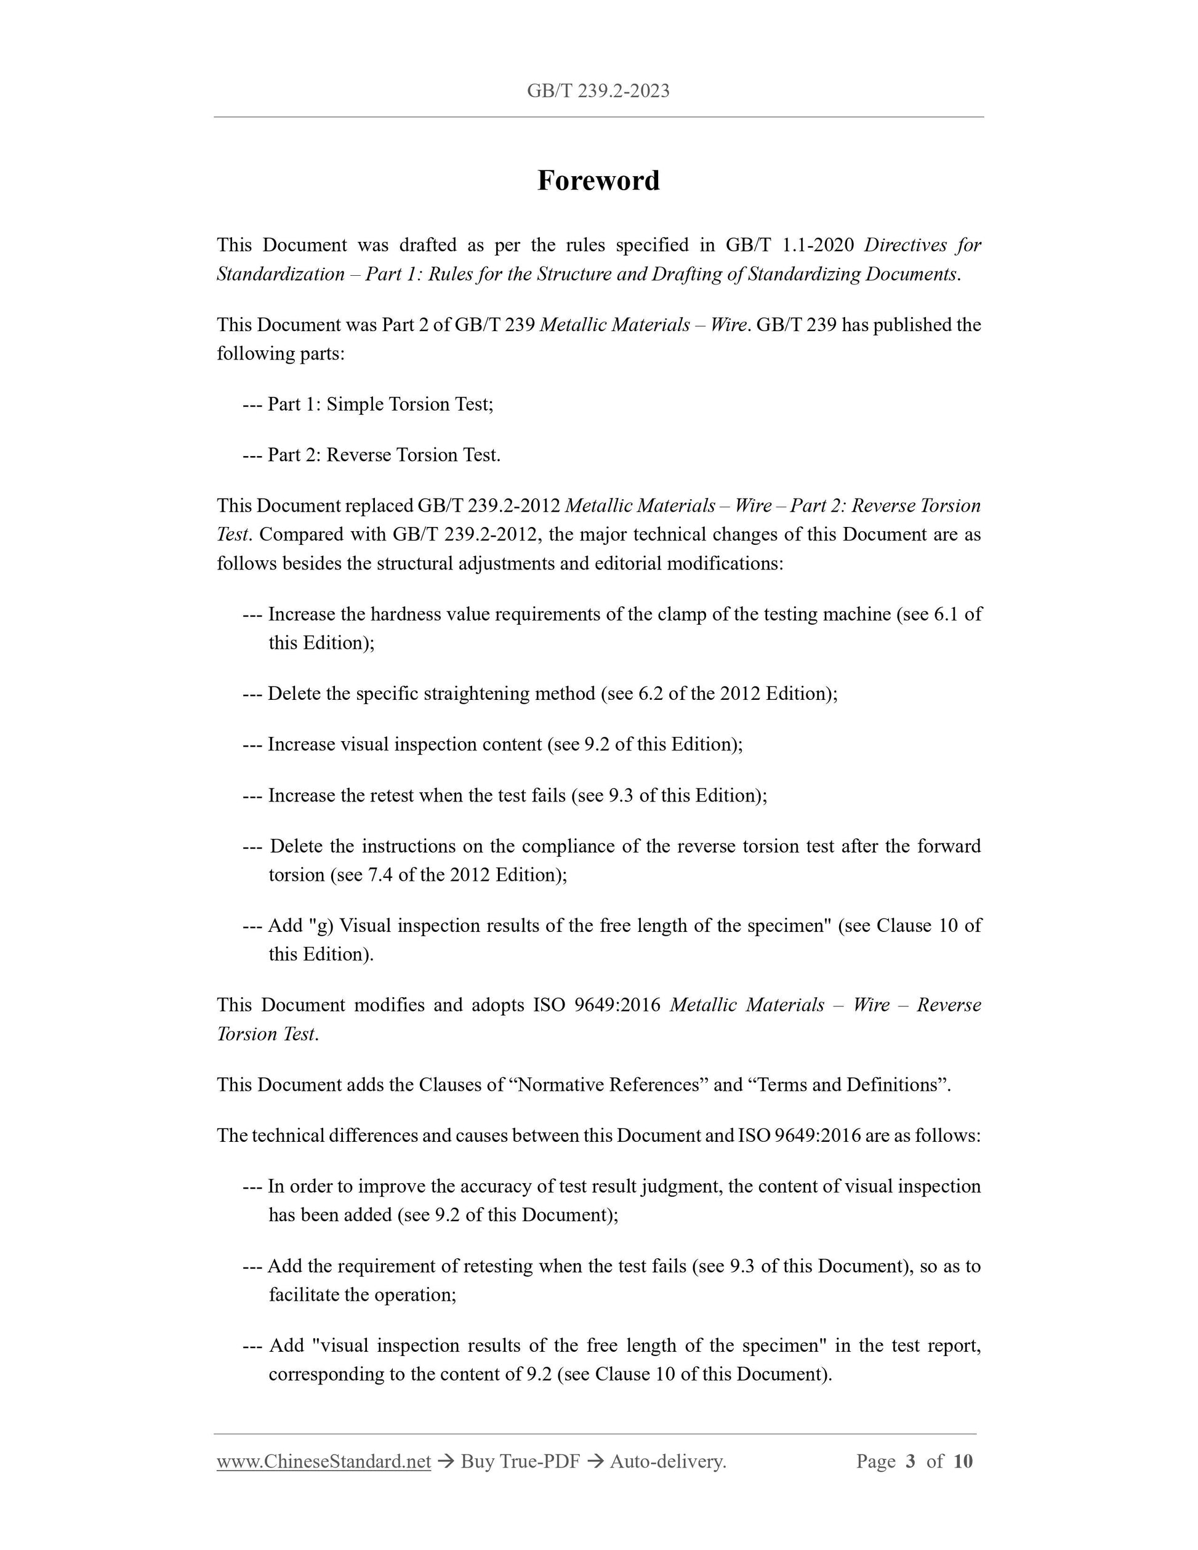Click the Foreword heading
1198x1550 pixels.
[598, 180]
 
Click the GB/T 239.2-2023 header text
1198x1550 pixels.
[598, 91]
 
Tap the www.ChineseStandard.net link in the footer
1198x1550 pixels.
[324, 1461]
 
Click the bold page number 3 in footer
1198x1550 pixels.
[911, 1461]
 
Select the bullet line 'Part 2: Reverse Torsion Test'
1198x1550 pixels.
[384, 455]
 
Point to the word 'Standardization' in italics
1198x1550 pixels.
[280, 274]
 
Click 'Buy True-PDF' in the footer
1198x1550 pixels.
[520, 1461]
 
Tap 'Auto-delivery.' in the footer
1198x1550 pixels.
[668, 1461]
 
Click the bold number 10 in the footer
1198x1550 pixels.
[962, 1461]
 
